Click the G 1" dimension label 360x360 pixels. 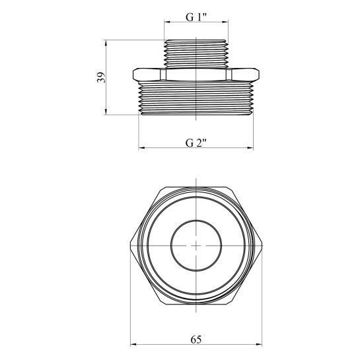pyautogui.click(x=196, y=17)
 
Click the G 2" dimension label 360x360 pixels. pyautogui.click(x=196, y=143)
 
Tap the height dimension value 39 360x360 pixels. pyautogui.click(x=101, y=77)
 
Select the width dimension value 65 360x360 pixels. pyautogui.click(x=196, y=340)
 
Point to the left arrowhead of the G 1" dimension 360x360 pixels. pyautogui.click(x=166, y=22)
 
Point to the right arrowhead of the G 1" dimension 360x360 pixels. pyautogui.click(x=225, y=22)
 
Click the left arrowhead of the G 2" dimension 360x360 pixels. pyautogui.click(x=141, y=148)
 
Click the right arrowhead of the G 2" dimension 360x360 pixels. pyautogui.click(x=250, y=148)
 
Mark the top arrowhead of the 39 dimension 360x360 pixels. pyautogui.click(x=106, y=43)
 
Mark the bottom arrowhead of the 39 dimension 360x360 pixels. pyautogui.click(x=106, y=112)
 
